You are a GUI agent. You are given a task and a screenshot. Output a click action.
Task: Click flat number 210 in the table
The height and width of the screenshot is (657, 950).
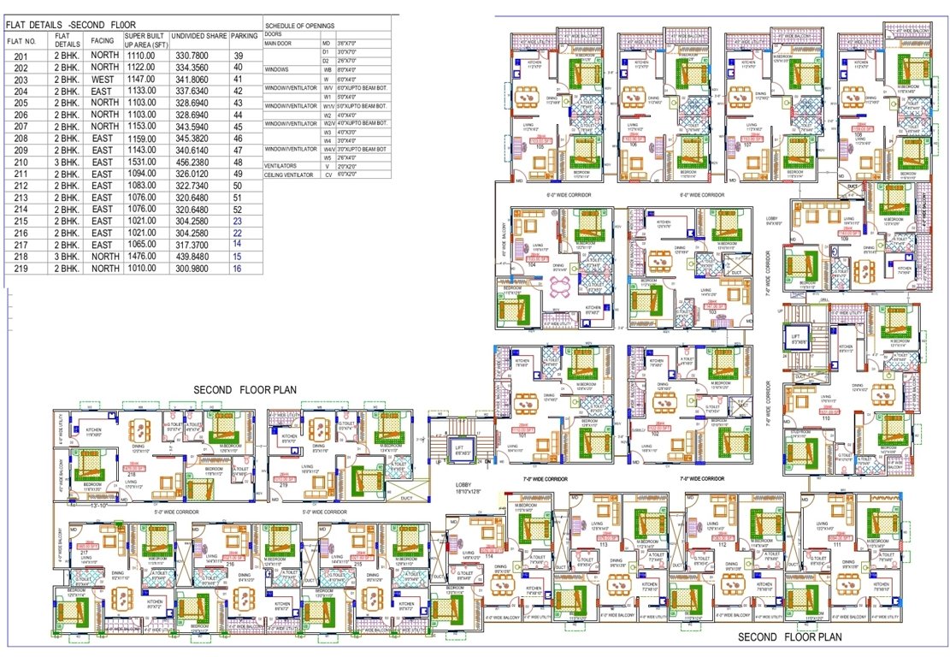(x=21, y=162)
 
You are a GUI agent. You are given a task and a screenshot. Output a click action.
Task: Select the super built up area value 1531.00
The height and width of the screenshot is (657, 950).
(x=140, y=162)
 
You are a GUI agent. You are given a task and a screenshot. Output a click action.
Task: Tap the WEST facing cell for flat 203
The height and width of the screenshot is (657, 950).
(x=104, y=79)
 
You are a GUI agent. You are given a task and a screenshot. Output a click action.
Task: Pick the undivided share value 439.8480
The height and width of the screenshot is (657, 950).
(x=197, y=257)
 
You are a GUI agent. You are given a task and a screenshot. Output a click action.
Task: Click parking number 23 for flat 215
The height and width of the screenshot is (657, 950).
(x=238, y=221)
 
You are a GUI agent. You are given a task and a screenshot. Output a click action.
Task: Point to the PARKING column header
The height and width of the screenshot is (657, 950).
(x=245, y=37)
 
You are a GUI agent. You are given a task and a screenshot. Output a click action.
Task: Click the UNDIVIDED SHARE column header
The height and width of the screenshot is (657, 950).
(x=198, y=37)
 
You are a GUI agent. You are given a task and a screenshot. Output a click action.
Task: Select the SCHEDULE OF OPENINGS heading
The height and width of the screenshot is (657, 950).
(x=299, y=27)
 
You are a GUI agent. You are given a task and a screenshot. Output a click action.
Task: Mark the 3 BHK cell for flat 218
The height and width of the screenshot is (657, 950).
(x=68, y=257)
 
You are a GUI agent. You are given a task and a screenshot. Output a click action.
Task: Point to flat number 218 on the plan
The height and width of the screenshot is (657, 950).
(x=132, y=473)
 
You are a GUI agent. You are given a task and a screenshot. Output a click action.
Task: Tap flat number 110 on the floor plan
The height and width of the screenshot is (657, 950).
(x=826, y=417)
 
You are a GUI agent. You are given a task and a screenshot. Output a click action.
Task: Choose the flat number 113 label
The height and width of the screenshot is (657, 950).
(x=603, y=544)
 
